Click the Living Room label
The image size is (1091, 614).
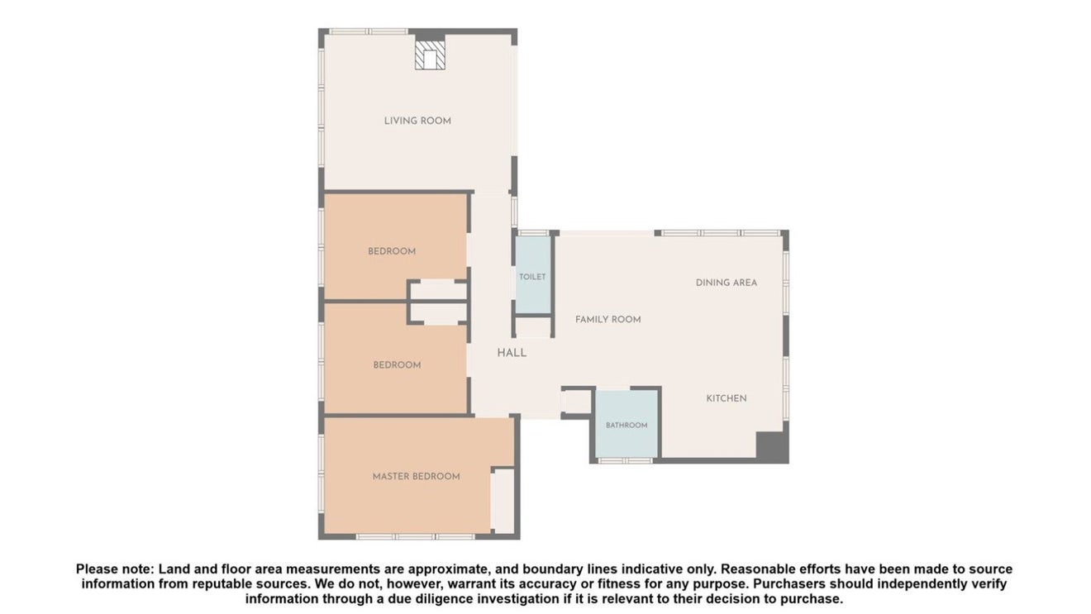(x=417, y=121)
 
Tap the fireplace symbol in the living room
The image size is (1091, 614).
(x=430, y=55)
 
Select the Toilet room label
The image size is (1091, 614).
(x=532, y=277)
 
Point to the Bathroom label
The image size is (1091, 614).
(x=626, y=425)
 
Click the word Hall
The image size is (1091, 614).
(x=512, y=353)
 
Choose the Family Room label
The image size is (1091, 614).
(x=607, y=320)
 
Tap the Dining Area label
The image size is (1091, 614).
(x=727, y=283)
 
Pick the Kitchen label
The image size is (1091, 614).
(x=727, y=398)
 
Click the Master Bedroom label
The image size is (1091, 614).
(x=416, y=476)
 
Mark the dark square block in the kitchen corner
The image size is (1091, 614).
(x=772, y=447)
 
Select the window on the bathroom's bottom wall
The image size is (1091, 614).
(x=626, y=460)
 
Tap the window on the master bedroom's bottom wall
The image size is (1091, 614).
(x=416, y=536)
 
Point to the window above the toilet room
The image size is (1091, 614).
(x=533, y=233)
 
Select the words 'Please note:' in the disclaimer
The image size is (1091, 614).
(x=116, y=569)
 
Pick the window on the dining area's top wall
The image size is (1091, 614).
(x=721, y=233)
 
